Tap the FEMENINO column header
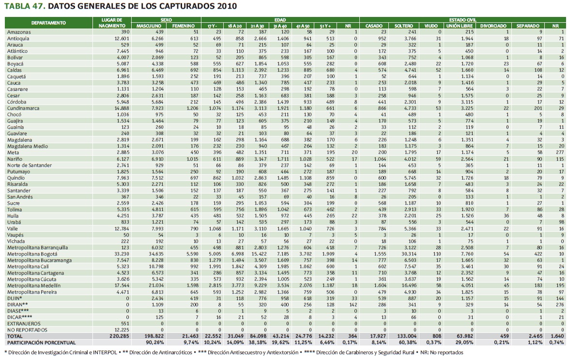click(x=184, y=26)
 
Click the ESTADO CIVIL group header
click(x=462, y=19)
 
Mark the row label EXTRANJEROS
click(x=23, y=323)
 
